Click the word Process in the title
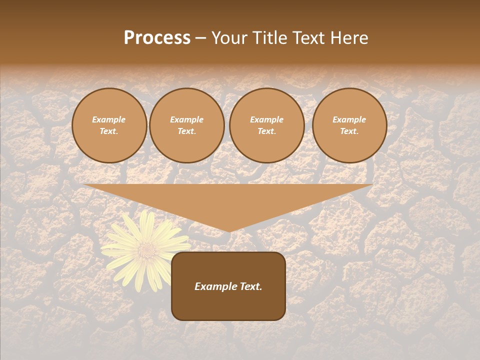157,38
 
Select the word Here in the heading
349,38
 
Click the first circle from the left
109,125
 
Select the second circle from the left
187,125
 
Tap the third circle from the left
267,125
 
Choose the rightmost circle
349,125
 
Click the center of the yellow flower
145,248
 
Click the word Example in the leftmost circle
109,120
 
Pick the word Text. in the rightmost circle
349,131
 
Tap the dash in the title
201,38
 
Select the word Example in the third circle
267,120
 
